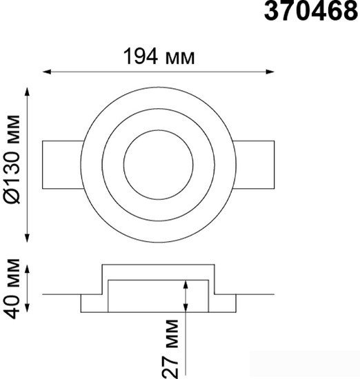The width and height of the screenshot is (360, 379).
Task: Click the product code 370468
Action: (310, 11)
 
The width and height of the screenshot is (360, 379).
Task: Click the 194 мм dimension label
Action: (159, 57)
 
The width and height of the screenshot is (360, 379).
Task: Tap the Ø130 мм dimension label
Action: (12, 160)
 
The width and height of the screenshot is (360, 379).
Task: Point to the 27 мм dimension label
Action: (170, 349)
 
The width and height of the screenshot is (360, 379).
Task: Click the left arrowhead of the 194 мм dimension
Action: (47, 72)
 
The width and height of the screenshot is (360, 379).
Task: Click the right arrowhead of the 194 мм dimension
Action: (270, 72)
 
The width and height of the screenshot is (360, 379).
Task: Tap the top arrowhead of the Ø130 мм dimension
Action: (28, 92)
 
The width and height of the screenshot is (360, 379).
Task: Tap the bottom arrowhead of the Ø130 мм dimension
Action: (28, 238)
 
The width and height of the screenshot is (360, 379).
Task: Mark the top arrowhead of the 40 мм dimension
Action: (28, 269)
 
